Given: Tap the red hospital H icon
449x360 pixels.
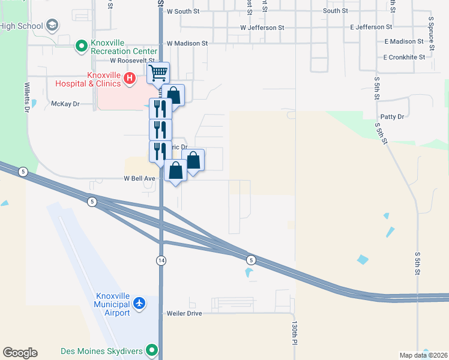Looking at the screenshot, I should (128, 78).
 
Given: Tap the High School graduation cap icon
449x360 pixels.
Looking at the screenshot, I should (52, 26).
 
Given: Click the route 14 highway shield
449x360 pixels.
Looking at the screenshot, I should (161, 260).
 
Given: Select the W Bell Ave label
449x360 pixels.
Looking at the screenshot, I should (140, 179).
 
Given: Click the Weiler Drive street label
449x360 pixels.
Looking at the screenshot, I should (185, 313).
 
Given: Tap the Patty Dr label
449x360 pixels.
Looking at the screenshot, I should (392, 116).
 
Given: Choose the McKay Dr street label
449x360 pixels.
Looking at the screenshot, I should (65, 104).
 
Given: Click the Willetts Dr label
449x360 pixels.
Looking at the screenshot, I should (27, 97).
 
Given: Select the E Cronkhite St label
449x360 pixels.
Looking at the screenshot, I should (404, 57).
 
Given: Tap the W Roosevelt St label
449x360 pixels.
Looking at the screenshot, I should (132, 61).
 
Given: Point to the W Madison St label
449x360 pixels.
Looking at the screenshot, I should (187, 43).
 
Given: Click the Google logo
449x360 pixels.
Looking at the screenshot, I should (20, 353).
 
